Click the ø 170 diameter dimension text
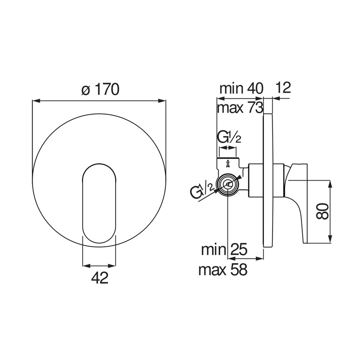coord(100,89)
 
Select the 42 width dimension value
coord(99,278)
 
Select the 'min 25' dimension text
coord(223,249)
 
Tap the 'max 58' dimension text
coord(223,269)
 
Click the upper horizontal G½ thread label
coord(229,137)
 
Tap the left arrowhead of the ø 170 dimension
coord(36,101)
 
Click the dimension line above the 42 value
coord(99,266)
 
